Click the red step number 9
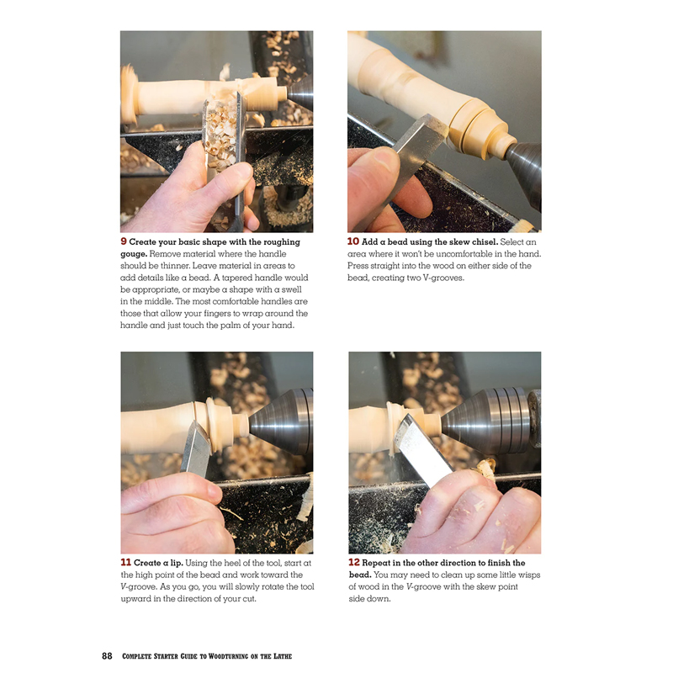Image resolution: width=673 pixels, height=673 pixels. pyautogui.click(x=125, y=242)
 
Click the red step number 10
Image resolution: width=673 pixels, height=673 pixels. pyautogui.click(x=353, y=242)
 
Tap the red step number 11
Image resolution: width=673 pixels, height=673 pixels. pyautogui.click(x=125, y=563)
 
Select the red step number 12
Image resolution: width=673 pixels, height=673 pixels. pyautogui.click(x=354, y=563)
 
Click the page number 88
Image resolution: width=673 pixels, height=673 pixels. pyautogui.click(x=107, y=655)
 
